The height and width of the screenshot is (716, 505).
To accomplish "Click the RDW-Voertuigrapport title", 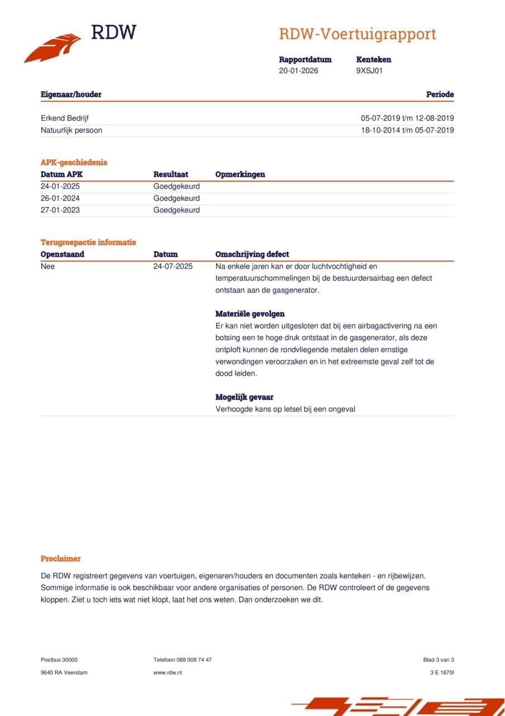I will (x=358, y=34).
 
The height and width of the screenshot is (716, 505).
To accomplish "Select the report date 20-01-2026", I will (x=298, y=71).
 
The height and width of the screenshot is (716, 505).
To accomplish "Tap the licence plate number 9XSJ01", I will (x=369, y=71).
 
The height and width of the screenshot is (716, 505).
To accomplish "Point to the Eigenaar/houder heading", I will (x=71, y=95).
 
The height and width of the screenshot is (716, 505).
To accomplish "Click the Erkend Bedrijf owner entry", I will (x=65, y=118).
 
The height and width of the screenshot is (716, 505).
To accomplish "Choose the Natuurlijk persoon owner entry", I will (x=72, y=130).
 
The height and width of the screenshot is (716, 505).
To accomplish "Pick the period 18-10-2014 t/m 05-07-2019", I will (x=407, y=130).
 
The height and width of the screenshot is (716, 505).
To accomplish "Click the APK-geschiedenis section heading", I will (x=74, y=162).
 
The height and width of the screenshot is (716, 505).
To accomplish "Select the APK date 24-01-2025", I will (x=60, y=186).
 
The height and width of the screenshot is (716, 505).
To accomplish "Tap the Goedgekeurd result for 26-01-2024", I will (x=177, y=199).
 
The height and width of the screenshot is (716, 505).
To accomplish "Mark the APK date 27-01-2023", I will (x=60, y=210).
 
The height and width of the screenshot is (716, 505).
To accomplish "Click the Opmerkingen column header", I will (x=240, y=175).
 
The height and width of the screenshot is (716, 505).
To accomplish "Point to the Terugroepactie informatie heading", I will (x=88, y=242).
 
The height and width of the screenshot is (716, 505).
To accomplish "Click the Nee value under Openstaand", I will (x=48, y=266).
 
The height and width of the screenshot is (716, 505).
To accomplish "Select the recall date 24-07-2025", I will (x=173, y=266).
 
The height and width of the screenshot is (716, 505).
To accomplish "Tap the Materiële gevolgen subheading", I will (x=250, y=314).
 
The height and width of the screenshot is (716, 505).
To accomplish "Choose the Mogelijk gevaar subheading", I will (x=245, y=397).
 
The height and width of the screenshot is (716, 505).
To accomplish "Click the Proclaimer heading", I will (x=60, y=558).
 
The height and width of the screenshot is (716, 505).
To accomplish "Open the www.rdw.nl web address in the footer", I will (x=168, y=672).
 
